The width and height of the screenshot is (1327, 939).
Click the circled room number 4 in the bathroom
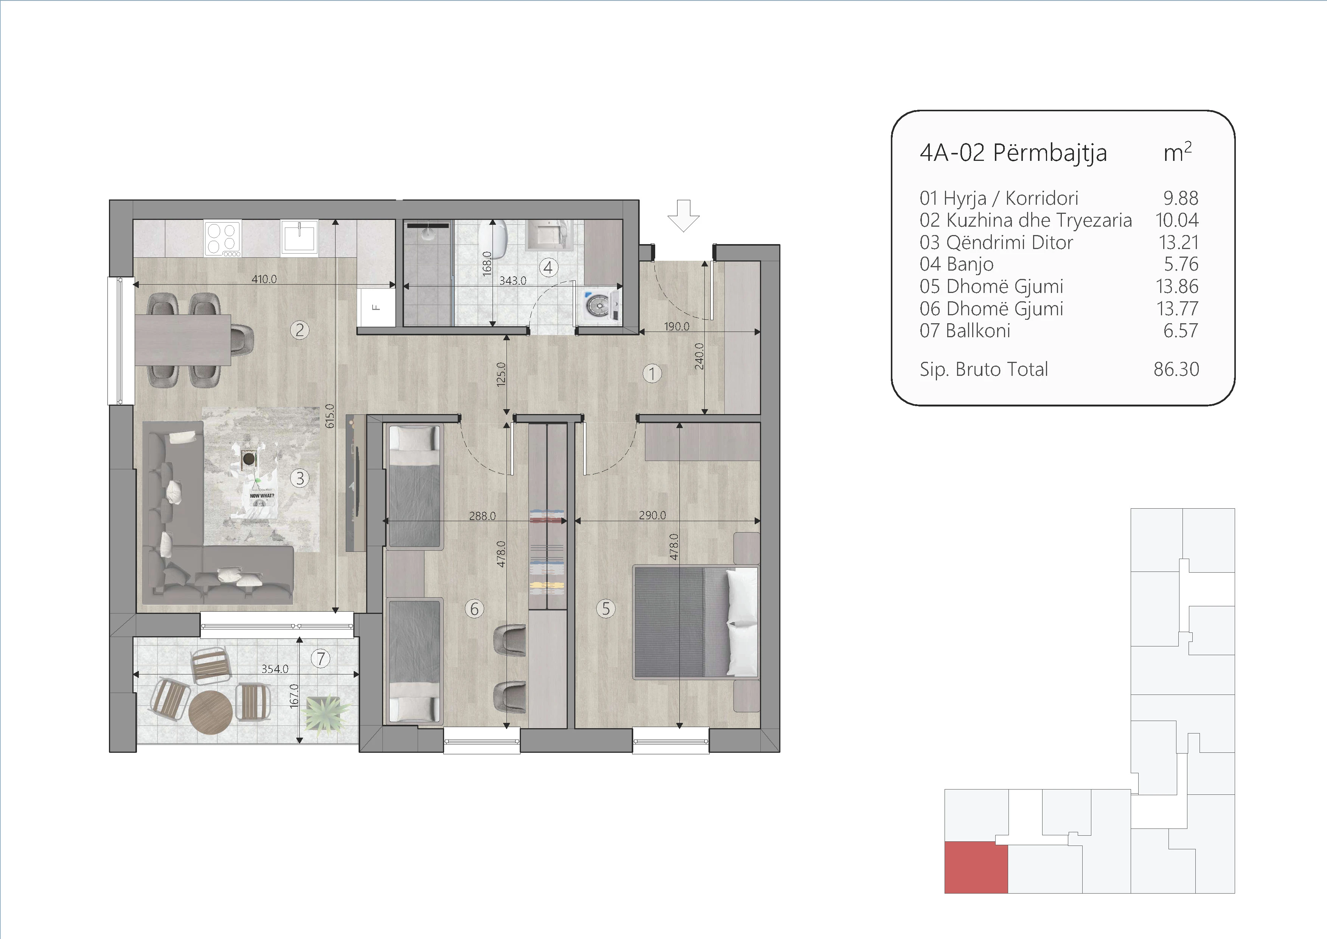click(x=548, y=268)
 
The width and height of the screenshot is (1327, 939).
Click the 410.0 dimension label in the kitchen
click(x=264, y=279)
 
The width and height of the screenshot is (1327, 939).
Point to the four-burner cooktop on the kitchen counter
click(x=222, y=238)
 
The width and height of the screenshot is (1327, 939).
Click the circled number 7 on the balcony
click(x=321, y=659)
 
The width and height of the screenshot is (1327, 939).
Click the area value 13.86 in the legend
click(x=1177, y=286)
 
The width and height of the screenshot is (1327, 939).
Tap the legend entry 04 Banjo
click(x=957, y=264)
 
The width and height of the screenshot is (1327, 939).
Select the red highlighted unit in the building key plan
click(x=976, y=867)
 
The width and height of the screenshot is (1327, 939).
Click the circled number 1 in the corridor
click(x=652, y=374)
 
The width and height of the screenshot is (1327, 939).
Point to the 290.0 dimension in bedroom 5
click(x=653, y=515)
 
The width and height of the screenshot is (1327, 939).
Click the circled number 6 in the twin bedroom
click(x=474, y=609)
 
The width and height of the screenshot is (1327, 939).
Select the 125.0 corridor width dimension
click(x=501, y=374)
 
